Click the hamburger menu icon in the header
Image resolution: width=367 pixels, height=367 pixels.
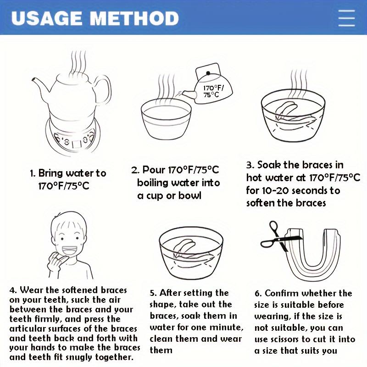tap(347, 18)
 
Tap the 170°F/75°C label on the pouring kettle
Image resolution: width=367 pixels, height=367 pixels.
tap(212, 91)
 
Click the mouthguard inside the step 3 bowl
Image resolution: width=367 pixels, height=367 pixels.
tap(293, 115)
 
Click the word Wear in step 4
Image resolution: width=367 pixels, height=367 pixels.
tap(32, 290)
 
